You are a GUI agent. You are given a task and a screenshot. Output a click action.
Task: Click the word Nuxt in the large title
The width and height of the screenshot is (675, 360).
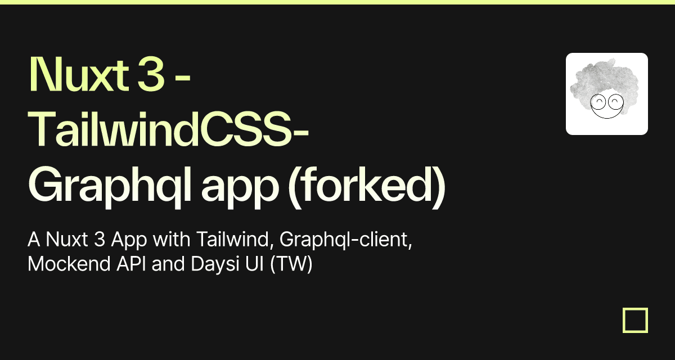[x=79, y=74]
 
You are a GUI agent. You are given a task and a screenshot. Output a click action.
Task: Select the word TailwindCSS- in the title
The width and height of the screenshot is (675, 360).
[x=169, y=129]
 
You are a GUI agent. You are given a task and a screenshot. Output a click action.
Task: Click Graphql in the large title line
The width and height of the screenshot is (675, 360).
[x=110, y=185]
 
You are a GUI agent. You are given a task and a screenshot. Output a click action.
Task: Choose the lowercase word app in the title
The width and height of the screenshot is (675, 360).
[x=240, y=189]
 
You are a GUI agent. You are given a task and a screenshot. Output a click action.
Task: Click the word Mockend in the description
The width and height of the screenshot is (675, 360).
[x=69, y=264]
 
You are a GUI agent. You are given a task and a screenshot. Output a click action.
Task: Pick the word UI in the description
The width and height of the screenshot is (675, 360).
[x=255, y=264]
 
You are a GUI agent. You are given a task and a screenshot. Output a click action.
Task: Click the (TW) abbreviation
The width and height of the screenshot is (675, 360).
[x=291, y=264]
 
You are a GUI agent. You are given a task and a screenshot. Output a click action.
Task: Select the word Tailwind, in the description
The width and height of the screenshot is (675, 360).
[x=235, y=240]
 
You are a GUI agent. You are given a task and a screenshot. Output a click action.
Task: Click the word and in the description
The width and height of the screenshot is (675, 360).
[x=168, y=264]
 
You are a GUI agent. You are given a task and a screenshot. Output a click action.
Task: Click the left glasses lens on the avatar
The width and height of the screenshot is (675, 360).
[x=598, y=101]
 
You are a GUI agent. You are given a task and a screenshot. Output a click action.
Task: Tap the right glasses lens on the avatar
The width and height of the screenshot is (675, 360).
[x=615, y=101]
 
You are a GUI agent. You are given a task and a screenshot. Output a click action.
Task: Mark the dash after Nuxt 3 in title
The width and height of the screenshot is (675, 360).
[x=183, y=78]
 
